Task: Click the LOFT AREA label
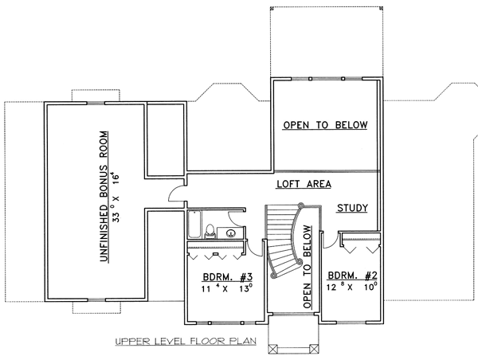click(x=304, y=184)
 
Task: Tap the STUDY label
click(x=352, y=208)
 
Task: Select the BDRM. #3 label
click(x=228, y=277)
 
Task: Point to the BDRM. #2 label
click(x=352, y=276)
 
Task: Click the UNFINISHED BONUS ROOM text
click(x=104, y=196)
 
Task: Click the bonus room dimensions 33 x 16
click(x=116, y=197)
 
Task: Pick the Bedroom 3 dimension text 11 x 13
click(x=227, y=288)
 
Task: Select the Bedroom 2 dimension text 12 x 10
click(x=352, y=287)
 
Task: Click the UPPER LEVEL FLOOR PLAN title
click(x=186, y=341)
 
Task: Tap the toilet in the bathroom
click(x=210, y=231)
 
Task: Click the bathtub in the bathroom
click(x=194, y=225)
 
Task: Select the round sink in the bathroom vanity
click(x=231, y=233)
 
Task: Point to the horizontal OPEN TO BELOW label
click(x=325, y=125)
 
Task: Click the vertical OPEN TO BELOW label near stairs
click(x=308, y=267)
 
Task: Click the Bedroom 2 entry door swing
click(x=330, y=241)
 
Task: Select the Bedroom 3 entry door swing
click(x=255, y=248)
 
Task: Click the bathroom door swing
click(x=235, y=218)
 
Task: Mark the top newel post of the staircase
click(x=301, y=205)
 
